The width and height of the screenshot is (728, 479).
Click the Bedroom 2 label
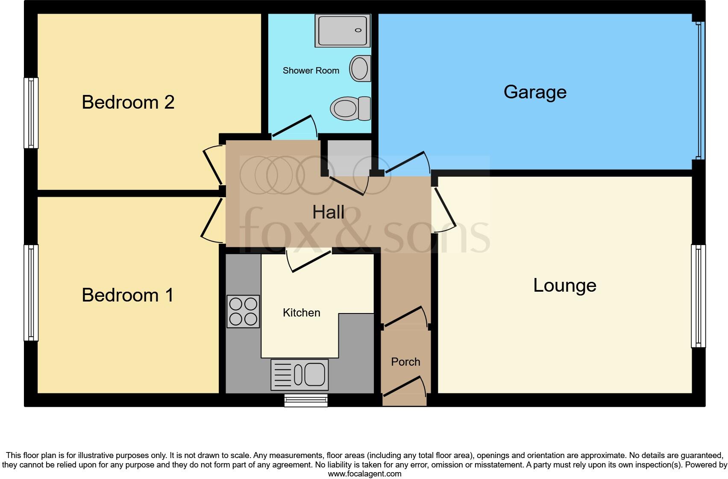tap(128, 102)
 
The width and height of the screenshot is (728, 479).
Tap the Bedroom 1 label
tap(128, 295)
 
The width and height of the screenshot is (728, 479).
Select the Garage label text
tap(535, 92)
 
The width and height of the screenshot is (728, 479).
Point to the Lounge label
tap(564, 285)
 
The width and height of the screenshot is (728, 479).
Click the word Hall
tap(328, 212)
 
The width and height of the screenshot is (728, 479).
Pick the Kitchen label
tap(301, 313)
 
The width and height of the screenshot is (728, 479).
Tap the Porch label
tap(405, 362)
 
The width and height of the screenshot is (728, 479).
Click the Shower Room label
tap(311, 71)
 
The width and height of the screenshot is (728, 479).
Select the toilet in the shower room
tap(350, 108)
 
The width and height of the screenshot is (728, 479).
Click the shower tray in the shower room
tap(343, 30)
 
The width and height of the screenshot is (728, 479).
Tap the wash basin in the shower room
tap(360, 68)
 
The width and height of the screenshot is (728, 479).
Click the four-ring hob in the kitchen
tap(243, 311)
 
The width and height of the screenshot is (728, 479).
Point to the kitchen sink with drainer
tap(299, 375)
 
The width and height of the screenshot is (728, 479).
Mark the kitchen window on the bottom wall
tap(306, 400)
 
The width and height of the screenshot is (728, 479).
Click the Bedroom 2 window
tap(31, 113)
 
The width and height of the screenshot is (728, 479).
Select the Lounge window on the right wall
tap(698, 296)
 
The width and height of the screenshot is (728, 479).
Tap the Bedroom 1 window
tap(31, 293)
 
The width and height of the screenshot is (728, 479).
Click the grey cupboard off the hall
tap(349, 157)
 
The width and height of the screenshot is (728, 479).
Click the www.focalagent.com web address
tap(364, 473)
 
